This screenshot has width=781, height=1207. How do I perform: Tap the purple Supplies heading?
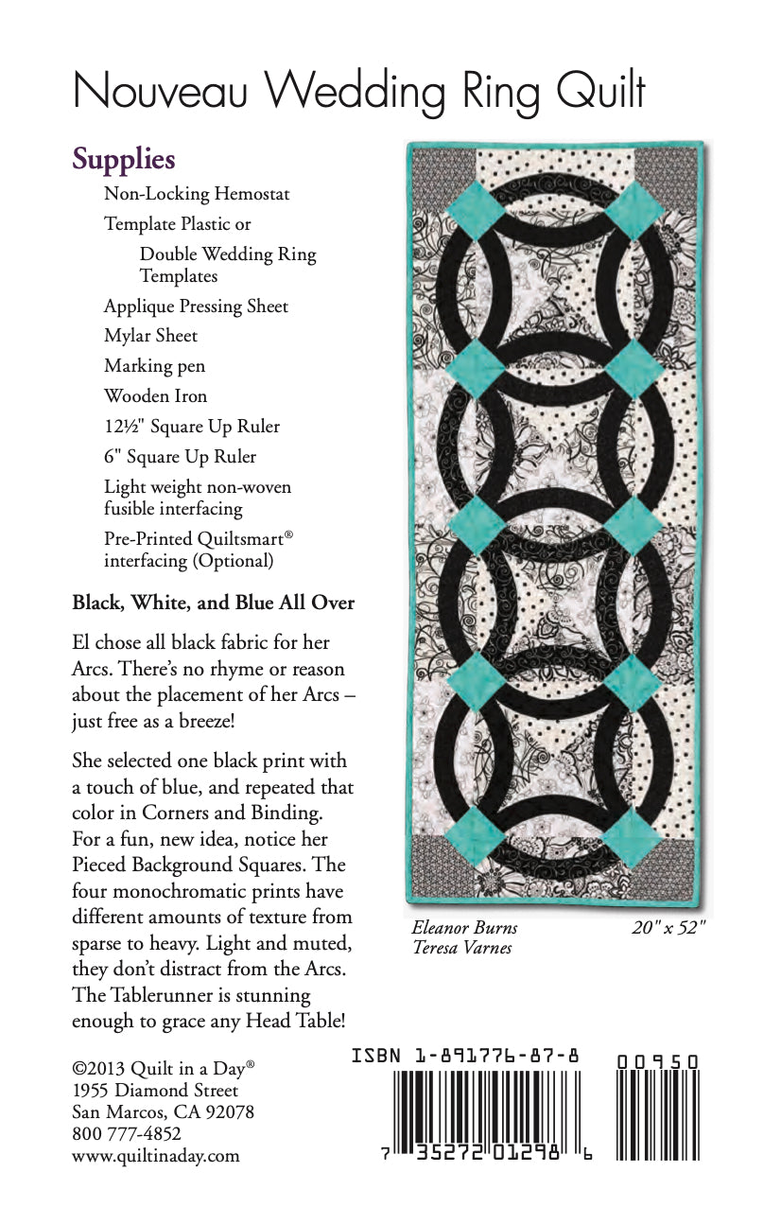click(124, 159)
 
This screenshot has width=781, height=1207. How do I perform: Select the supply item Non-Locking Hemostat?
click(197, 194)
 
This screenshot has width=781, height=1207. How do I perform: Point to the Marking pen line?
click(154, 365)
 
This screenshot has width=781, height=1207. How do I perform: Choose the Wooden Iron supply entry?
click(155, 395)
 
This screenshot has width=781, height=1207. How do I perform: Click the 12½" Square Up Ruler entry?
click(192, 426)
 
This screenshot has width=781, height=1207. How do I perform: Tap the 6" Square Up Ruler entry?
click(180, 456)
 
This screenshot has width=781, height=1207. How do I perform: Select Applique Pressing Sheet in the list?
click(196, 306)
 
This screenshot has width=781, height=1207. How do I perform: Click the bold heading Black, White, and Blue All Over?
click(213, 603)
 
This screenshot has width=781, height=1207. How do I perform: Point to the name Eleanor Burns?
click(464, 928)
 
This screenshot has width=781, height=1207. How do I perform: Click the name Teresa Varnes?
click(461, 947)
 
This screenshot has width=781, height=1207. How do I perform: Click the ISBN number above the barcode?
click(464, 1055)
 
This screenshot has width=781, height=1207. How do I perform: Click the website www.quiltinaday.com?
click(155, 1155)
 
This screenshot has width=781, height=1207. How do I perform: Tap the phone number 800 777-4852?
click(127, 1133)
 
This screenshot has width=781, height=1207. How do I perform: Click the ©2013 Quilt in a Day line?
click(163, 1068)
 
